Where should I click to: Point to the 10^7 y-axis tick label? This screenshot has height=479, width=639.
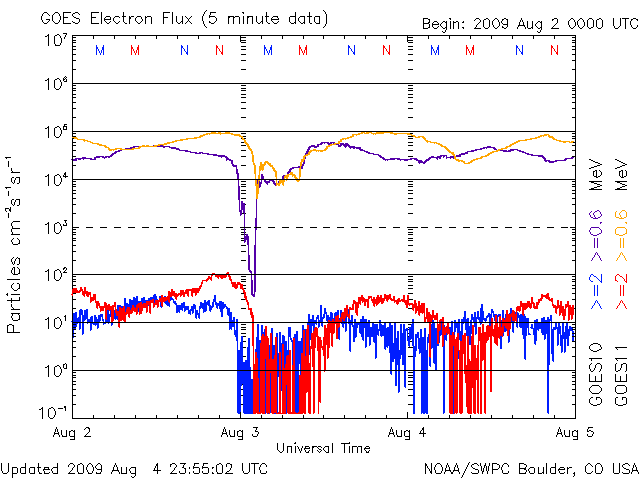coord(55,41)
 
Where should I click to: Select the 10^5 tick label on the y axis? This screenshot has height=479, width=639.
coord(55,132)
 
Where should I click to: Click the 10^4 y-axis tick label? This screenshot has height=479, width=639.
coord(55,180)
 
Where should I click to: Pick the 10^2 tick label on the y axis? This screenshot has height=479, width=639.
coord(55,275)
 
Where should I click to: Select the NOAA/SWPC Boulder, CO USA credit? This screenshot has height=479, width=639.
coord(530,467)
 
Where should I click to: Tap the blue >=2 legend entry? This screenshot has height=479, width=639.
coord(596,293)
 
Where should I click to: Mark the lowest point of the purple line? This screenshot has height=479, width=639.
coord(253,295)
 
